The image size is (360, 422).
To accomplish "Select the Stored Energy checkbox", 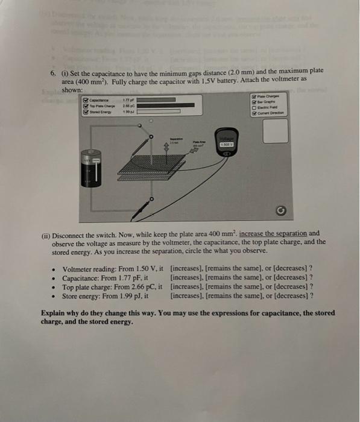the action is pyautogui.click(x=84, y=112).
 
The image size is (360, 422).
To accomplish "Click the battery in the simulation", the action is pyautogui.click(x=90, y=172).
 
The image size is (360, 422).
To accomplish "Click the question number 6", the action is pyautogui.click(x=52, y=73).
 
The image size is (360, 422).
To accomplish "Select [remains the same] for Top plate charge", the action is pyautogui.click(x=232, y=287).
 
